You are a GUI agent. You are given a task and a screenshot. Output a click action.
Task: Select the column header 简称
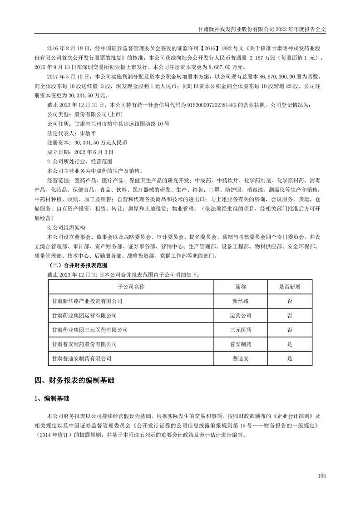point(241,287)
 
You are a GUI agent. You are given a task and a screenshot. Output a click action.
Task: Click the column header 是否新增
point(290,287)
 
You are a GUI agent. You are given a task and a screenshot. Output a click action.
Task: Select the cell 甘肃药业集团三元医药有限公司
point(90,330)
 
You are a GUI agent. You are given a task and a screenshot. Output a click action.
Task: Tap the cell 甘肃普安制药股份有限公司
point(84,344)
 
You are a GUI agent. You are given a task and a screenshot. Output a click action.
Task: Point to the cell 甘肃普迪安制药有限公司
point(82,358)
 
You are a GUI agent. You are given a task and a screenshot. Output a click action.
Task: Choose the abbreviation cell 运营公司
point(241,315)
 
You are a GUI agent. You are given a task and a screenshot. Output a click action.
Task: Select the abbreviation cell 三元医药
point(241,330)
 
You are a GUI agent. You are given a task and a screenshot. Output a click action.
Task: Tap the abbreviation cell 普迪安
point(241,358)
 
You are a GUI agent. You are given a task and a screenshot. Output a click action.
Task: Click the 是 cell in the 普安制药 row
point(290,344)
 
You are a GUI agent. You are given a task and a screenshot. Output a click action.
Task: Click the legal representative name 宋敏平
point(88,134)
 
